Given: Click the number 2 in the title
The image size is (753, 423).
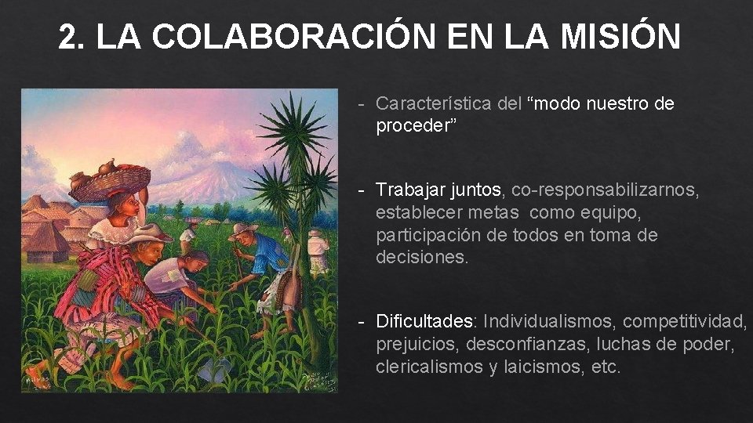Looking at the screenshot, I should tap(70, 36).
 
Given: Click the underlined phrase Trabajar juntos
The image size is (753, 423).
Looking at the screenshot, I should tap(438, 190).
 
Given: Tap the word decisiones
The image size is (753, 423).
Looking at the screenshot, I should tap(421, 258).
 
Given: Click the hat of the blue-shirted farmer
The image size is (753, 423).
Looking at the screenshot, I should tap(243, 230).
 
